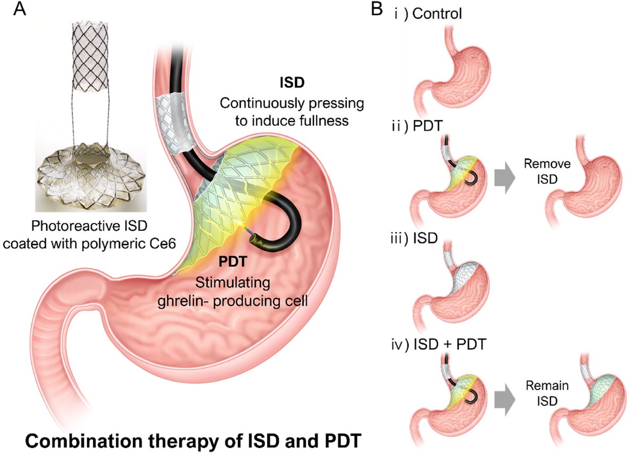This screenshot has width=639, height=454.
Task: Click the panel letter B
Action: pyautogui.click(x=376, y=9)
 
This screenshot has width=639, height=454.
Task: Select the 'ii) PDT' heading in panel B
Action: pyautogui.click(x=417, y=126)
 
